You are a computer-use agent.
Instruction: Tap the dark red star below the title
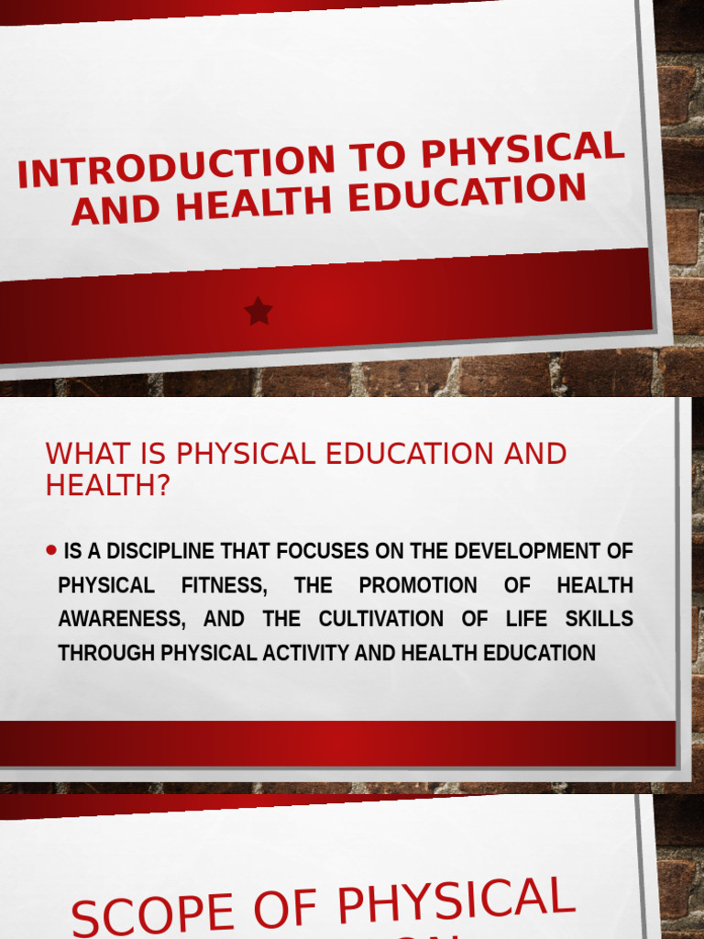(258, 312)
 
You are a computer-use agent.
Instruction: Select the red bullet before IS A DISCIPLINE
(50, 550)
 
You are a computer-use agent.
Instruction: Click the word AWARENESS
(121, 619)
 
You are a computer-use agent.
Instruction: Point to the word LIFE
(525, 619)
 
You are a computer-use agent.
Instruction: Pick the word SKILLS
(599, 619)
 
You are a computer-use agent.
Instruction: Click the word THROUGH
(107, 653)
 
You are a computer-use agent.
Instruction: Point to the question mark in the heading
(164, 486)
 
